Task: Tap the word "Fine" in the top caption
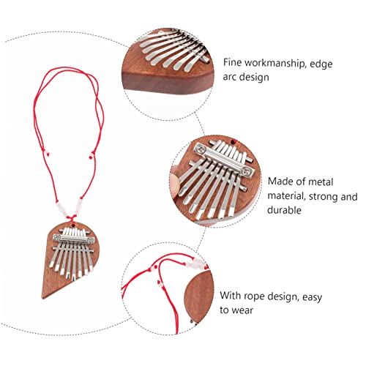232,62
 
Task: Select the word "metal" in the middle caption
321,182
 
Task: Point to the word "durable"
284,210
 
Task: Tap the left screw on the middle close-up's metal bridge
201,148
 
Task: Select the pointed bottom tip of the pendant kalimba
43,297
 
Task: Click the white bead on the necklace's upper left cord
46,154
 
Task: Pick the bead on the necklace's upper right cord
91,156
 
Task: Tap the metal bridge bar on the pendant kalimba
74,239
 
